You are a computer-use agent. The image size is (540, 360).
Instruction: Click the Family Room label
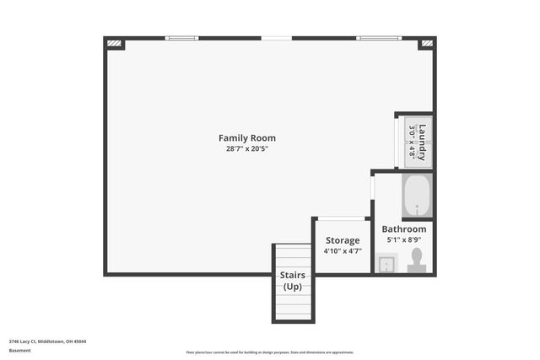pos(246,138)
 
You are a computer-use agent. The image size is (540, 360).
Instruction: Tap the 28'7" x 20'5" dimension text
pos(246,149)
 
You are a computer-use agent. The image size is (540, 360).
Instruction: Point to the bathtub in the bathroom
pos(416,196)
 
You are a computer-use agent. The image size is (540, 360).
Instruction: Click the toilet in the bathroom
pos(416,261)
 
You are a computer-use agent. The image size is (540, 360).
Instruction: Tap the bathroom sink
pos(386,264)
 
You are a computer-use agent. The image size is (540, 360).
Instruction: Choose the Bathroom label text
pos(403,229)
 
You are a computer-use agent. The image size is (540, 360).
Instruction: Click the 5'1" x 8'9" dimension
pos(403,239)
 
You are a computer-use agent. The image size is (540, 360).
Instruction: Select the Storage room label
pos(342,240)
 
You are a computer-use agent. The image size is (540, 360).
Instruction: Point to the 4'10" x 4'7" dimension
pos(342,251)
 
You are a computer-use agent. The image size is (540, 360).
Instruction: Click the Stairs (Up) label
pos(293,281)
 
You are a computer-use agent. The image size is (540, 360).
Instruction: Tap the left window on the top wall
pos(181,38)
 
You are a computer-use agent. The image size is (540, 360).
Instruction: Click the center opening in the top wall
pos(277,38)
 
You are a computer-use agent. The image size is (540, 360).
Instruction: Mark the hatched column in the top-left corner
pos(115,43)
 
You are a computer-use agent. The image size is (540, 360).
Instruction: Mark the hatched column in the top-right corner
pos(427,43)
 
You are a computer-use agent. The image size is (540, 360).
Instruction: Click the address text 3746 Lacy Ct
pos(47,341)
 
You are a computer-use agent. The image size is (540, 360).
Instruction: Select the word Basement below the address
pos(19,350)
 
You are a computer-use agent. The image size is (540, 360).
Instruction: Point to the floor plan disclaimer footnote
pos(270,352)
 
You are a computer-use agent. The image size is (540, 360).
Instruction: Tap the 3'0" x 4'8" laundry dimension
pos(412,142)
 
